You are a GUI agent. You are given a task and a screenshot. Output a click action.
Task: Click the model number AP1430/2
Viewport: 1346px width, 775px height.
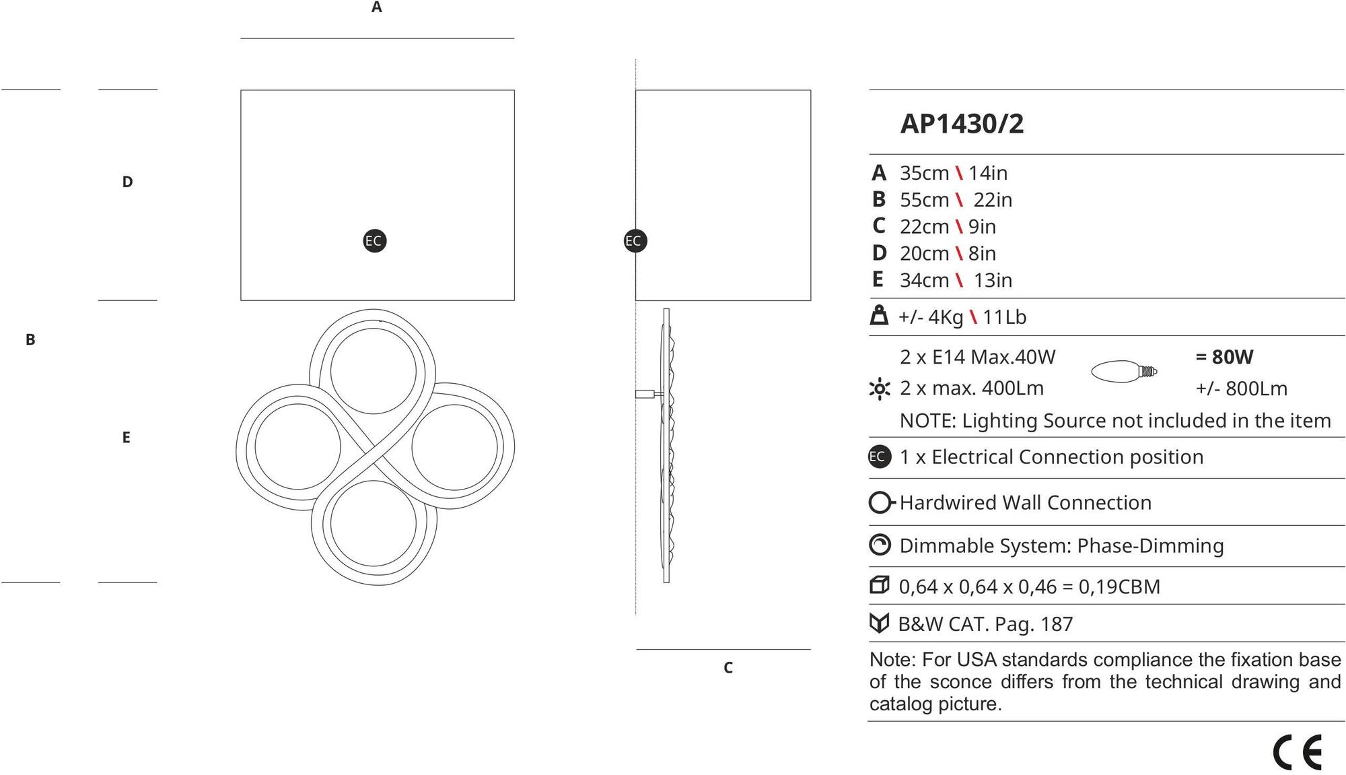pos(962,124)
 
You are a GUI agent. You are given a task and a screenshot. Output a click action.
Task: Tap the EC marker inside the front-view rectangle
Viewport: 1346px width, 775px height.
pos(374,241)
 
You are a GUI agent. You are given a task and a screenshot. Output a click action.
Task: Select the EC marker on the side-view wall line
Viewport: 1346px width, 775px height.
pos(634,241)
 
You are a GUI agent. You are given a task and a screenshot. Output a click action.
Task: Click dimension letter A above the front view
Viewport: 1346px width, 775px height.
pos(377,7)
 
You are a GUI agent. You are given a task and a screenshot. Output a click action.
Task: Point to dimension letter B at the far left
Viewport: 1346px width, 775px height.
pos(30,339)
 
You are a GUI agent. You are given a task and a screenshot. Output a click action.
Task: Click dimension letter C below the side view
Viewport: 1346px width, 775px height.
pos(728,667)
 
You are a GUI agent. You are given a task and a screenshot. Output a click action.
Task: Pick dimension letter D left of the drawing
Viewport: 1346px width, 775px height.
pos(127,182)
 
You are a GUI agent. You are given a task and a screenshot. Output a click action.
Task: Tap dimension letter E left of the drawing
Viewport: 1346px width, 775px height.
pos(126,438)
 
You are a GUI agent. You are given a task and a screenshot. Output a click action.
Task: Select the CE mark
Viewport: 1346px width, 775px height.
pos(1297,752)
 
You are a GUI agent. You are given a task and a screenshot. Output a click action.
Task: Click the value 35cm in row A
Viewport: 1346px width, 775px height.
pos(924,173)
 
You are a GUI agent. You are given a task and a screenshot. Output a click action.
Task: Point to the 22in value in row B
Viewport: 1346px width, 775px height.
pos(992,200)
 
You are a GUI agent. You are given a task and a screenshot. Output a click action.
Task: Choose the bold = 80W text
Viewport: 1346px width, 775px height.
pos(1224,357)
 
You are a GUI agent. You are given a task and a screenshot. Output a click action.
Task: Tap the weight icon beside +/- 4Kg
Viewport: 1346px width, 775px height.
pos(879,316)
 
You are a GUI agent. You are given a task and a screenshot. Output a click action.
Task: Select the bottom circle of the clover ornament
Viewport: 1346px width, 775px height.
pos(373,523)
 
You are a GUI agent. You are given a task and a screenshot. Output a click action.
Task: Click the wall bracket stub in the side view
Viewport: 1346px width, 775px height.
pos(649,394)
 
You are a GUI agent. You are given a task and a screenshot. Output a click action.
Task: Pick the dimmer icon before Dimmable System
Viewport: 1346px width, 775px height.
pos(880,545)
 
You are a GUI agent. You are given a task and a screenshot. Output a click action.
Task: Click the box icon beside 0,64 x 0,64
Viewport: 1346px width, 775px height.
pos(880,585)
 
